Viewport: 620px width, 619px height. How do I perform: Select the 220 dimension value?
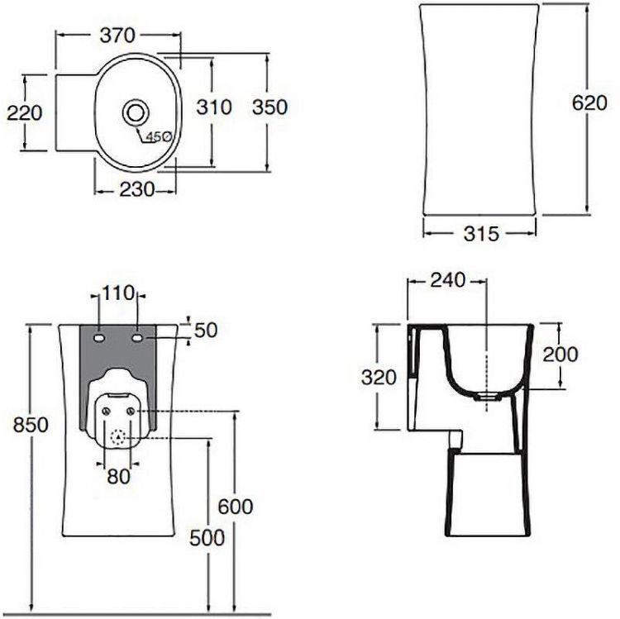tap(24, 112)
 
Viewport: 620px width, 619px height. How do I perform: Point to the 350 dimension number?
tap(269, 107)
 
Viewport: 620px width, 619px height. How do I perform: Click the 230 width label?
tap(136, 189)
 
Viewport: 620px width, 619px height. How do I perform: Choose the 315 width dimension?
tap(480, 234)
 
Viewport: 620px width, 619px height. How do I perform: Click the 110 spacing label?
tap(117, 293)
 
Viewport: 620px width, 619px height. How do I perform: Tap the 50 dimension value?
tap(206, 331)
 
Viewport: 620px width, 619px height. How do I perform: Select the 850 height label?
tap(31, 425)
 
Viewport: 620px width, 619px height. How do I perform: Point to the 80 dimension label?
tap(117, 475)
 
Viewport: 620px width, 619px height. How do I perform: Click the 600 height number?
tap(236, 507)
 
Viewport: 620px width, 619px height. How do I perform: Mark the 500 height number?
tap(207, 538)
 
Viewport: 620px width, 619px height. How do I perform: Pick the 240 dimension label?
tap(447, 279)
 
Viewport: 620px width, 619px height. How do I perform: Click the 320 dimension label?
tap(379, 377)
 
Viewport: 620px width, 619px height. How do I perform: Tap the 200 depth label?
tap(561, 355)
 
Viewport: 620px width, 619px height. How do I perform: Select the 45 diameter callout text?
tap(158, 136)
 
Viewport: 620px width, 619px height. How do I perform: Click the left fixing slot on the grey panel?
tap(98, 338)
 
